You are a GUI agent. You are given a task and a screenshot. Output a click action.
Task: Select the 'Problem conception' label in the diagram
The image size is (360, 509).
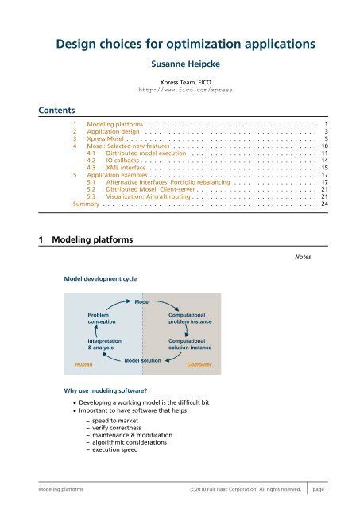[103, 319]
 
